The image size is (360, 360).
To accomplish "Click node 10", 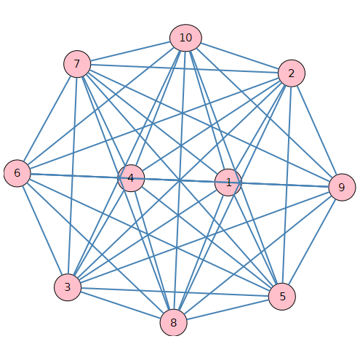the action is click(x=185, y=38).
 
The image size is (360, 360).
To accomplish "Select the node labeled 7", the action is click(x=77, y=64).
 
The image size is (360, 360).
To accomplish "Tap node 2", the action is click(x=292, y=73).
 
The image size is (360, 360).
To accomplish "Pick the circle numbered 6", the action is click(x=17, y=173).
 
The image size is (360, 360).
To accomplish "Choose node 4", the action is click(x=131, y=178).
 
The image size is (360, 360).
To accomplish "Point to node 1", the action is click(x=228, y=183).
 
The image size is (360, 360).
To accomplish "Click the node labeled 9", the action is click(x=342, y=187).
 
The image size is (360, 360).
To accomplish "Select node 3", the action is click(x=68, y=287).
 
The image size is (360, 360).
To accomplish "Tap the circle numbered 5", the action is click(x=282, y=297).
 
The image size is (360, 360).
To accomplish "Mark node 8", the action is click(x=174, y=322).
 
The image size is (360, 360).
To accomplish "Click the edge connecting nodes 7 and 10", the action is click(x=130, y=51).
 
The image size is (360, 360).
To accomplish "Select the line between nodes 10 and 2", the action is click(x=240, y=56).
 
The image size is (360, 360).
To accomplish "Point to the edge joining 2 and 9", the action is click(x=316, y=130).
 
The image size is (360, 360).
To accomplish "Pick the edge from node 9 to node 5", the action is click(x=312, y=241).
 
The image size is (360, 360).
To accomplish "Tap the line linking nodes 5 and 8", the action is click(x=228, y=310).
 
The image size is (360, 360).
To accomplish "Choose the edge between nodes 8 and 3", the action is click(x=120, y=305).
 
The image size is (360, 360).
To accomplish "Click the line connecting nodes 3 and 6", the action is click(x=42, y=230).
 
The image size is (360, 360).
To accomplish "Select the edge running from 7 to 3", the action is click(x=72, y=175).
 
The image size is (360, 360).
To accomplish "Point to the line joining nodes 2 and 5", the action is click(x=287, y=185).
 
